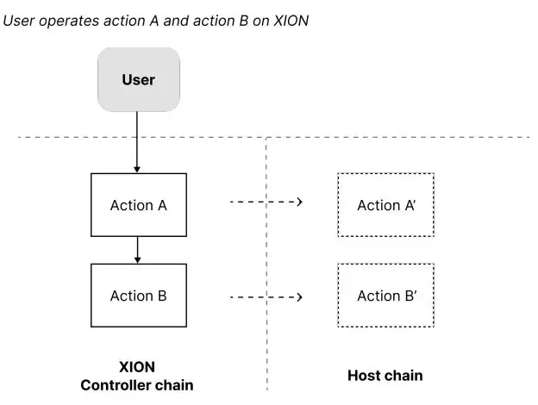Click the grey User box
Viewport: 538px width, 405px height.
(138, 80)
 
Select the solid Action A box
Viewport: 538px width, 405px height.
(138, 205)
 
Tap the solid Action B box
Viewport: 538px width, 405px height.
(138, 296)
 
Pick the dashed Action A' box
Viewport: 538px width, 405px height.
(385, 205)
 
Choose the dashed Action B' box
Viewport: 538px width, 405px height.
(385, 296)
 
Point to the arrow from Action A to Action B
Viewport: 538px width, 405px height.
(138, 250)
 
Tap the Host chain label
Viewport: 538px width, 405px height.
(385, 376)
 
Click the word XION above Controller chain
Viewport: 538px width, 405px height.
(137, 366)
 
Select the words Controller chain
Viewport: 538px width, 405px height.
(137, 384)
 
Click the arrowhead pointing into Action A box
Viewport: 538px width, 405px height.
(138, 169)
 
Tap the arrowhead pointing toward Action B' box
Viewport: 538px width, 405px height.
(299, 297)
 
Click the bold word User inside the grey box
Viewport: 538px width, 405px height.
(138, 80)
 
